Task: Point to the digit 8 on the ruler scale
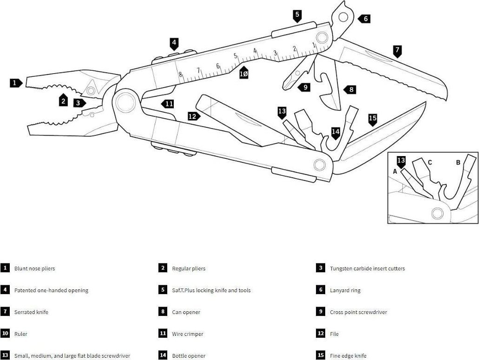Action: click(180, 74)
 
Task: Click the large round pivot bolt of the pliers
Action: click(125, 102)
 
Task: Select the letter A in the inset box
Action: click(395, 171)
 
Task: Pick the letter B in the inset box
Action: click(458, 163)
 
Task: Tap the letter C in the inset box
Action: click(430, 163)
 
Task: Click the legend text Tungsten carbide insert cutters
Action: click(367, 268)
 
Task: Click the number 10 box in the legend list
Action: click(5, 334)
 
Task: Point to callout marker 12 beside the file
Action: click(193, 117)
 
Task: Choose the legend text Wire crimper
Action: click(187, 334)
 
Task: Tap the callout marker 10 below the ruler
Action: click(243, 73)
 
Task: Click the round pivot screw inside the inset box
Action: click(437, 213)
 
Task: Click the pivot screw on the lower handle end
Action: click(319, 164)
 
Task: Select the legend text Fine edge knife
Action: click(348, 356)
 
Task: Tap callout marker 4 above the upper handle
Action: click(174, 44)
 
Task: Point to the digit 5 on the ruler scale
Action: click(235, 56)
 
